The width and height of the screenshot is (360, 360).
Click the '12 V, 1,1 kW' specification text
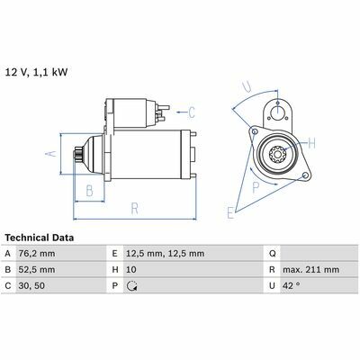[37, 73]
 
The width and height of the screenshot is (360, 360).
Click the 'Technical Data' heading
[40, 238]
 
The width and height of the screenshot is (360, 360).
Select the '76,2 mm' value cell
[37, 254]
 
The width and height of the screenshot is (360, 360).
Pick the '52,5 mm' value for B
[37, 269]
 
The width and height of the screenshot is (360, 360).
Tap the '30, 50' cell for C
[31, 285]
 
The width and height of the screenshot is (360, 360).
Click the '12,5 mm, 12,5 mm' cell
[165, 254]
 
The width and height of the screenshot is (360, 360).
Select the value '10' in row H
[131, 269]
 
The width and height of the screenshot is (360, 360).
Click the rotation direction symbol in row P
[131, 286]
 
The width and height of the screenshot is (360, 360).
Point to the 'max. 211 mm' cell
[310, 269]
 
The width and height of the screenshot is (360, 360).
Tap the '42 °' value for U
[291, 285]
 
